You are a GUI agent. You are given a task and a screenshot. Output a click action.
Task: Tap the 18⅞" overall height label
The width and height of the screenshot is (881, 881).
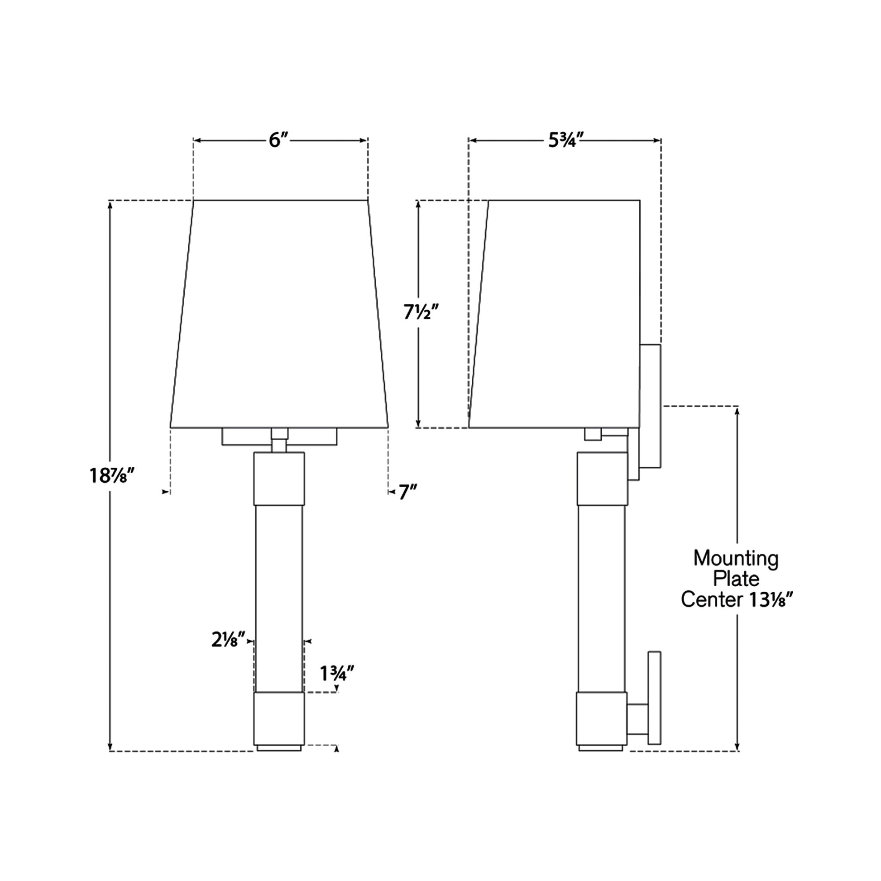tap(111, 476)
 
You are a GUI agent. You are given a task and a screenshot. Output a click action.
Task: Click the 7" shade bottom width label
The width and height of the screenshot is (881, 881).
tap(408, 492)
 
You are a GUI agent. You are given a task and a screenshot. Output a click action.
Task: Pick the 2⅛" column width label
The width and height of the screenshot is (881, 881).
tap(228, 640)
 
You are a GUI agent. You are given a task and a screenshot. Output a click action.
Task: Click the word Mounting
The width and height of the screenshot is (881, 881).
tap(736, 558)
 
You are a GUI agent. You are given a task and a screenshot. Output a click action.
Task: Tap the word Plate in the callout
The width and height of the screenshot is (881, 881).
tap(736, 579)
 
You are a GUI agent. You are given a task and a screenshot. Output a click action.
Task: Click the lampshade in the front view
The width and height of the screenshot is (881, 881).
tap(279, 315)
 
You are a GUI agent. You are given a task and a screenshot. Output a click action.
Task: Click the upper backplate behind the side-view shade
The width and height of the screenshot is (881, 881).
tap(650, 406)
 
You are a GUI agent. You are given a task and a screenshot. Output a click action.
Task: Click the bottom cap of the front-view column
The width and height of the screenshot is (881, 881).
tap(278, 718)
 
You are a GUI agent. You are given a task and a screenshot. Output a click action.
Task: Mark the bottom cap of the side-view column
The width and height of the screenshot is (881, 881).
tap(601, 718)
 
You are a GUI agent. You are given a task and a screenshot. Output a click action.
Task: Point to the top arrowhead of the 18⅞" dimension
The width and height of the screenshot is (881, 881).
tap(110, 205)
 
